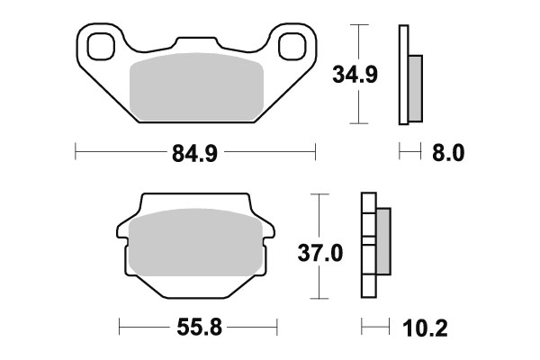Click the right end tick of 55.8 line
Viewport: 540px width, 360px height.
[x=275, y=325]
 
